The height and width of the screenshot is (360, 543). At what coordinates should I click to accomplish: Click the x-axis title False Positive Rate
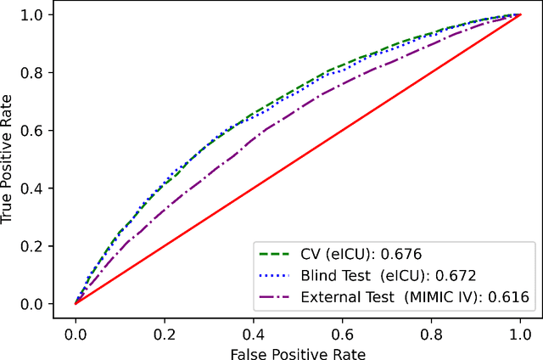(298, 350)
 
